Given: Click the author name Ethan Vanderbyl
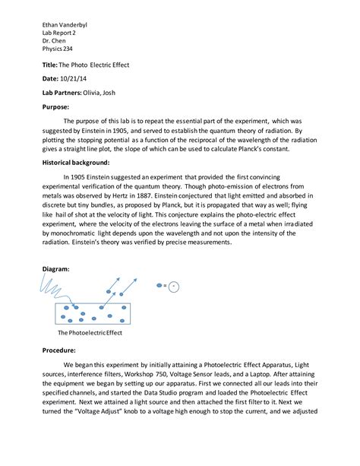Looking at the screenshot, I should coord(66,21).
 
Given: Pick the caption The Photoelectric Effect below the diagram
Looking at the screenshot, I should coord(90,333).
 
